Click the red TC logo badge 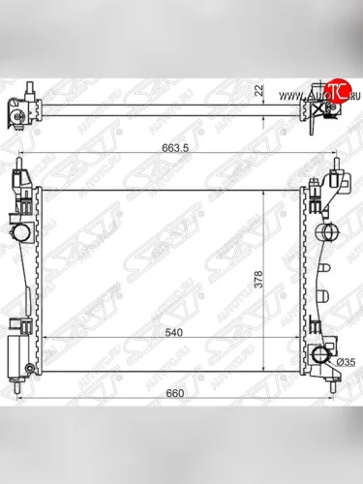(x=336, y=92)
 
